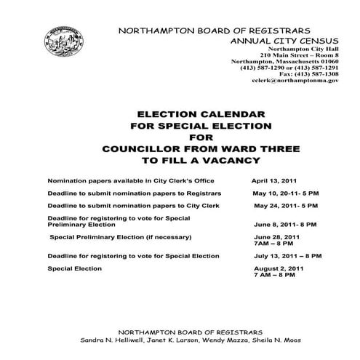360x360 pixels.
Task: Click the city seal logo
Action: pyautogui.click(x=65, y=43)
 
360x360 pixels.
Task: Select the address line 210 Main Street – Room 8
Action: pyautogui.click(x=298, y=55)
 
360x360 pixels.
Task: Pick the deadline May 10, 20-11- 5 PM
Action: pyautogui.click(x=285, y=193)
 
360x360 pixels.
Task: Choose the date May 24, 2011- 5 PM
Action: pyautogui.click(x=285, y=207)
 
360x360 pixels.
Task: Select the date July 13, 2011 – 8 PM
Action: pyautogui.click(x=287, y=256)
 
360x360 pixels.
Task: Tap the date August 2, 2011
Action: pyautogui.click(x=279, y=269)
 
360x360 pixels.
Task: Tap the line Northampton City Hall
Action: pyautogui.click(x=304, y=48)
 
